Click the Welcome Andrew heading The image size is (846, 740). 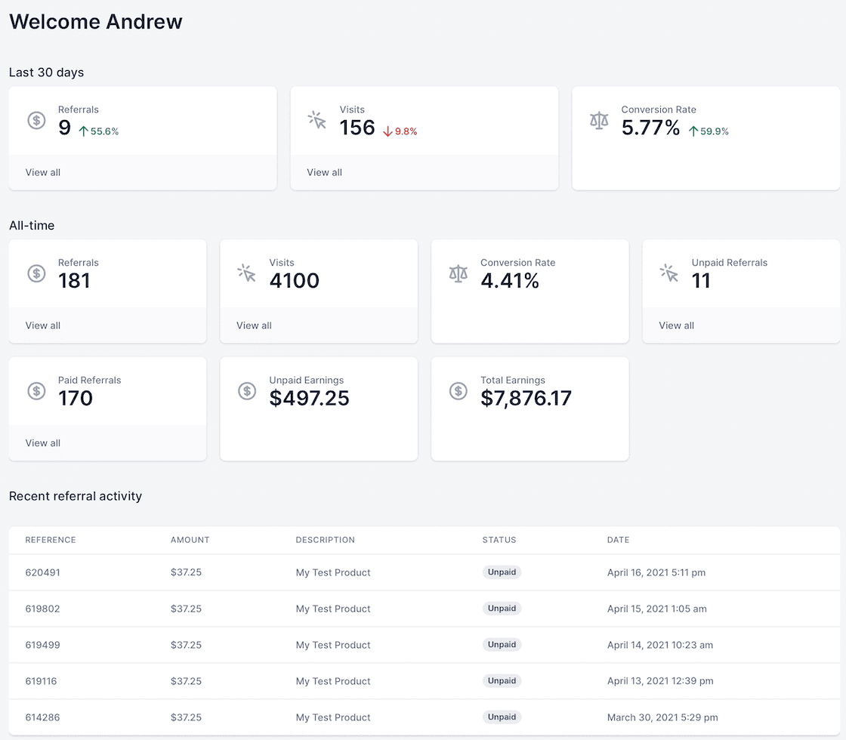coord(96,21)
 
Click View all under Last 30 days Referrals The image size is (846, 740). coord(43,172)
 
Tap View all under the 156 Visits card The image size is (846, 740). coord(324,172)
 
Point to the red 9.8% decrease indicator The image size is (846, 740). coord(400,131)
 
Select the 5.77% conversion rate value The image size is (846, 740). coord(650,128)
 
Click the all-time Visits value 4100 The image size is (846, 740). coord(294,281)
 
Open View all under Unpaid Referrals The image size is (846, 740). coord(676,325)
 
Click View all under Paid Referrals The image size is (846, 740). coord(43,443)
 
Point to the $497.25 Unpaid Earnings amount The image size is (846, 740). coord(309,398)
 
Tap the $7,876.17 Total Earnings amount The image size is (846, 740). coord(526,398)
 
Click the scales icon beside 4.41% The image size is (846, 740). coord(458,273)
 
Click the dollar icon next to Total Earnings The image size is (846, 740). coord(458,390)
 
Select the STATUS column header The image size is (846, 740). coord(499,540)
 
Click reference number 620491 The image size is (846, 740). coord(43,572)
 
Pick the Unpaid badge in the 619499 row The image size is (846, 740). coord(502,645)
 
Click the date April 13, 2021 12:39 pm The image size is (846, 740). coord(660,681)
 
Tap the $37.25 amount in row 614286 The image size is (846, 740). coord(186,717)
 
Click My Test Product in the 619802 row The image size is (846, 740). coord(333,609)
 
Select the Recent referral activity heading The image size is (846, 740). coord(76,496)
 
